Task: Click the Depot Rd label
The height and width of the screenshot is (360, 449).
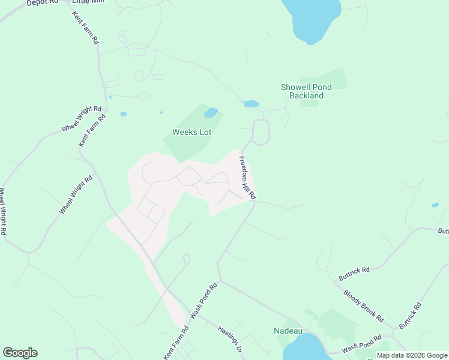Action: (x=42, y=3)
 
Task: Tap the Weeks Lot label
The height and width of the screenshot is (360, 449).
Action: (x=192, y=132)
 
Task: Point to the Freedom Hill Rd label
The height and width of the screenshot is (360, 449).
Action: (x=247, y=178)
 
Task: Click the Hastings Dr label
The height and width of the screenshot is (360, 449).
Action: (x=229, y=339)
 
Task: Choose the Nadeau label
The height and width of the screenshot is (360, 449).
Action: (x=287, y=331)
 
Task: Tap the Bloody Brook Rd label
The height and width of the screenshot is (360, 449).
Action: (x=363, y=305)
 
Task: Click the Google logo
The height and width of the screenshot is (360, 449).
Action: (x=20, y=353)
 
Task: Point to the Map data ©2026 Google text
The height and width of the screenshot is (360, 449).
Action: (x=412, y=355)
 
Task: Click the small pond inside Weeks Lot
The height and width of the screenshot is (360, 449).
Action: (x=211, y=113)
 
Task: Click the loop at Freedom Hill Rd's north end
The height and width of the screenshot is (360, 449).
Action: (x=261, y=132)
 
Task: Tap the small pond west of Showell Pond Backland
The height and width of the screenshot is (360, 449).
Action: (x=251, y=104)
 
